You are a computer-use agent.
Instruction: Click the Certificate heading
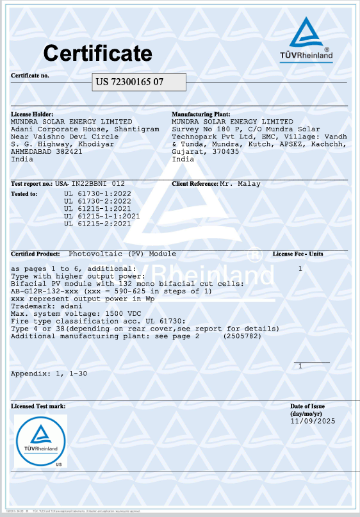click(x=97, y=53)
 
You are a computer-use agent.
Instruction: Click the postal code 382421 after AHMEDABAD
click(x=69, y=152)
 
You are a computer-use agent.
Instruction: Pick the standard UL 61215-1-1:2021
click(x=102, y=216)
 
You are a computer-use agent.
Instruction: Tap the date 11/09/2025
click(x=313, y=422)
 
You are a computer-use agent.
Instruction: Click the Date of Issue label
click(x=307, y=407)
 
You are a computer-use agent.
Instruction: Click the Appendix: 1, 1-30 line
click(x=49, y=373)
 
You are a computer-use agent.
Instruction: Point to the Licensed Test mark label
click(x=38, y=407)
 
